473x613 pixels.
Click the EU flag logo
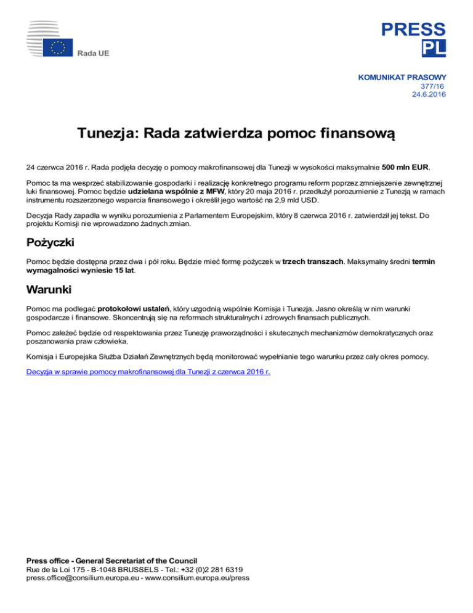pyautogui.click(x=59, y=47)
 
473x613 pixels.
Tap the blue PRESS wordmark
pyautogui.click(x=413, y=28)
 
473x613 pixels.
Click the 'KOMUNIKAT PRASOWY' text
pyautogui.click(x=402, y=78)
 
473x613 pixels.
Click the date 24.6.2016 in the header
pyautogui.click(x=429, y=94)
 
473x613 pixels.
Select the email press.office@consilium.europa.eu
pyautogui.click(x=85, y=578)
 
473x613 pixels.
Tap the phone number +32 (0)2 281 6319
pyautogui.click(x=204, y=569)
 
